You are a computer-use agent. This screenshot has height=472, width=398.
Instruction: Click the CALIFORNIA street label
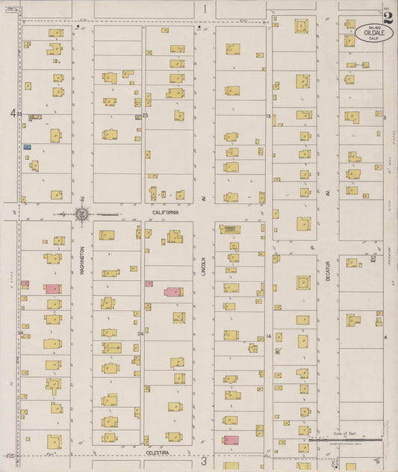pos(166,213)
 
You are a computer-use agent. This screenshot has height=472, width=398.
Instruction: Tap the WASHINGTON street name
pos(81,261)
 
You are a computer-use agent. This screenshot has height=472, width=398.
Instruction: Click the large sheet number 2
pos(388,18)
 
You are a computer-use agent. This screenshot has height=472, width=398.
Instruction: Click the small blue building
pos(28,147)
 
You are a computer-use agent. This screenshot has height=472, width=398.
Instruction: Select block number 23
pos(146,116)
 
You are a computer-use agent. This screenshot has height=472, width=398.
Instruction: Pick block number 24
pos(140,334)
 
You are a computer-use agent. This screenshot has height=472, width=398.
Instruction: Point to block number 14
pos(268,337)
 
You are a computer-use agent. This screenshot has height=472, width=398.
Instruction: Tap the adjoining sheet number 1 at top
pos(204,9)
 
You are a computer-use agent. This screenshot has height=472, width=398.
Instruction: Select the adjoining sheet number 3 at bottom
pos(203,462)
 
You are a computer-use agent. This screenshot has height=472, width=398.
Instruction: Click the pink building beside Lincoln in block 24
pos(172,292)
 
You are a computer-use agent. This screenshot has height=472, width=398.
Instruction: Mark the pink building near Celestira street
pos(231,440)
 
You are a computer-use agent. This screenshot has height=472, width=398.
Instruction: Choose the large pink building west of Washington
pos(52,288)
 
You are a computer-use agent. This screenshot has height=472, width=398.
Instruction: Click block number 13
pos(268,117)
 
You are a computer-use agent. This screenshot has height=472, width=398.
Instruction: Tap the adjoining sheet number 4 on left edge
pos(12,114)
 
